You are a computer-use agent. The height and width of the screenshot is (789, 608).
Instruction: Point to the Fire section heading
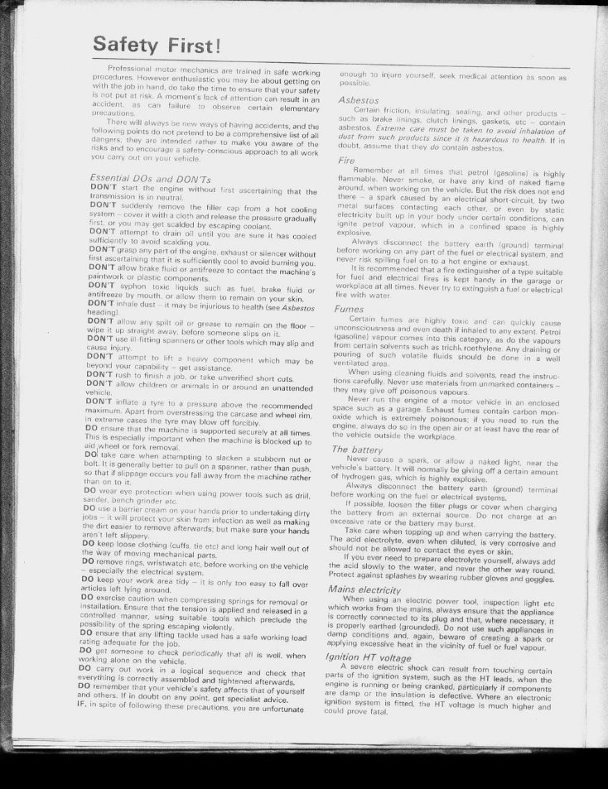coord(348,161)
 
